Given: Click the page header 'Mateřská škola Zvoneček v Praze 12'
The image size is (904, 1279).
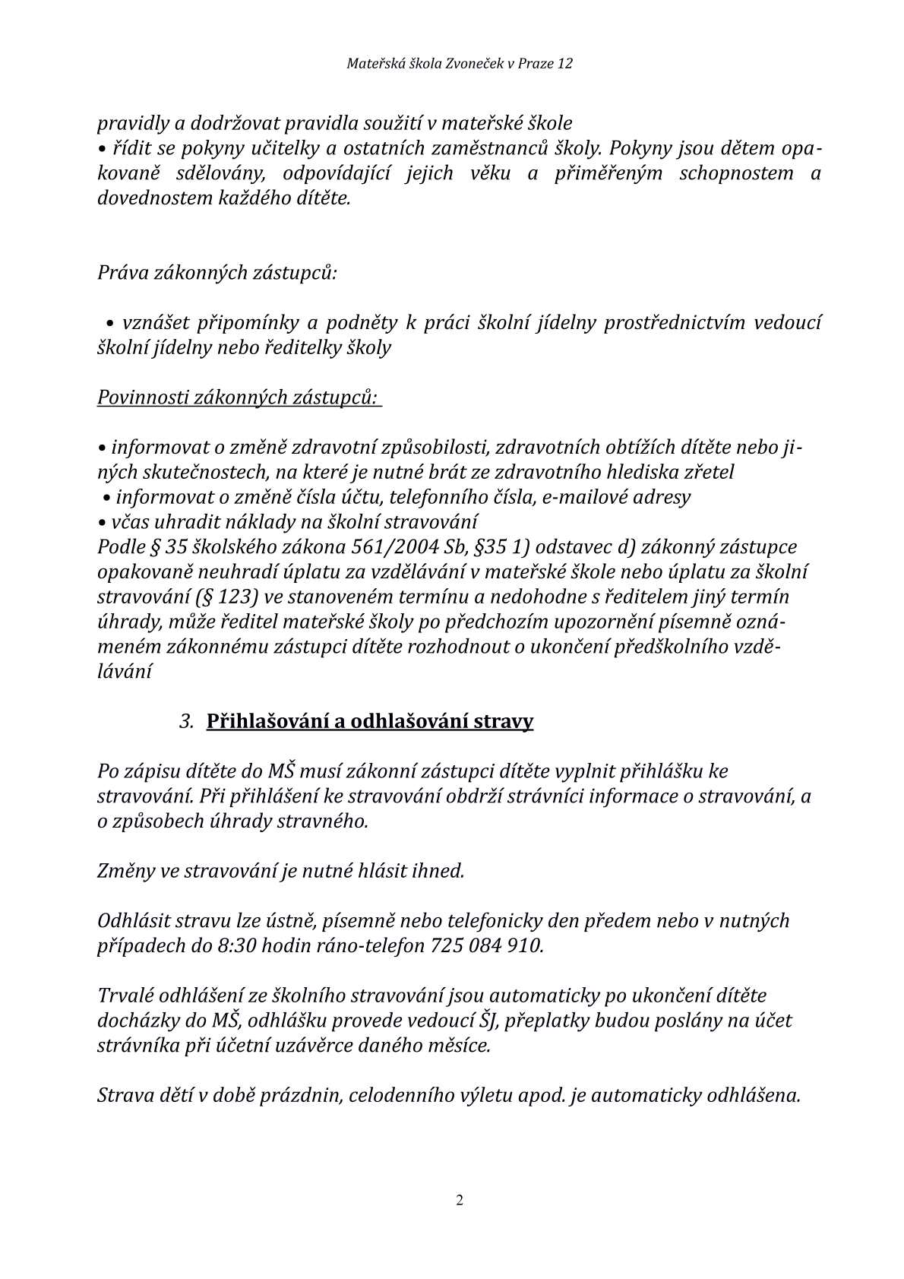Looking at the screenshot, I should (x=460, y=64).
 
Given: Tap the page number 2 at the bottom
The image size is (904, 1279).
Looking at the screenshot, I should (x=459, y=1201).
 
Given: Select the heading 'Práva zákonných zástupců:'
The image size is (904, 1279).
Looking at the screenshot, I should (x=217, y=272).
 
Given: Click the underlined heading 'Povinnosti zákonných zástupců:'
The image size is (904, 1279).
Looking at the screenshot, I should (x=238, y=397).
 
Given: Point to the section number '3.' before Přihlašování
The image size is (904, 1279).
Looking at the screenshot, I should (x=187, y=721).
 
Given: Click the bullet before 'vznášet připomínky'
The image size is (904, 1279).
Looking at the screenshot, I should (x=111, y=324).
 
